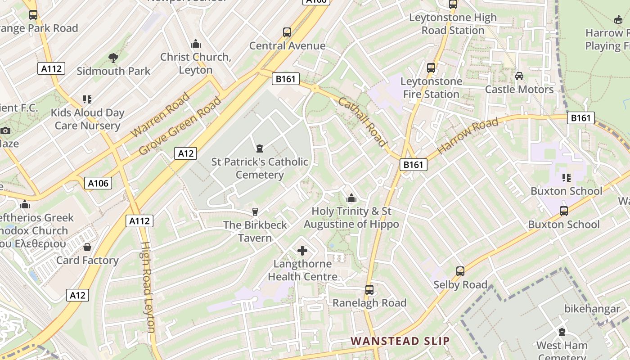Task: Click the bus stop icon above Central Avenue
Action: point(287,32)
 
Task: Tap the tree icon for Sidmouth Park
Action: point(113,58)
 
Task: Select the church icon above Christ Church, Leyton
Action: point(196,44)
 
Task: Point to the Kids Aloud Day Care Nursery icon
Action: point(87,99)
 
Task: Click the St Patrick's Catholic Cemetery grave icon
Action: point(259,148)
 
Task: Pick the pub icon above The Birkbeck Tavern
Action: point(255,211)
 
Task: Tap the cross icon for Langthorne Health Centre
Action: point(302,251)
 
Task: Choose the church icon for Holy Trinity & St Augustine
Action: point(351,198)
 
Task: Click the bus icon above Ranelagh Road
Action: point(369,289)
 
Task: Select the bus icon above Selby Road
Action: point(460,271)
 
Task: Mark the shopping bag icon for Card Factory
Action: point(87,247)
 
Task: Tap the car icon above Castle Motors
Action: point(519,76)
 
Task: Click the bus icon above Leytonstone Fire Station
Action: point(431,68)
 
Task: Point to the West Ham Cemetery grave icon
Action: point(562,333)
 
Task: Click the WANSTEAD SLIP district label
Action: point(400,341)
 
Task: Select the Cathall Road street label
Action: point(363,122)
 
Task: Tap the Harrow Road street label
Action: point(468,135)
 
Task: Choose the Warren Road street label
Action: point(160,115)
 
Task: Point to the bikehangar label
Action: point(592,309)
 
